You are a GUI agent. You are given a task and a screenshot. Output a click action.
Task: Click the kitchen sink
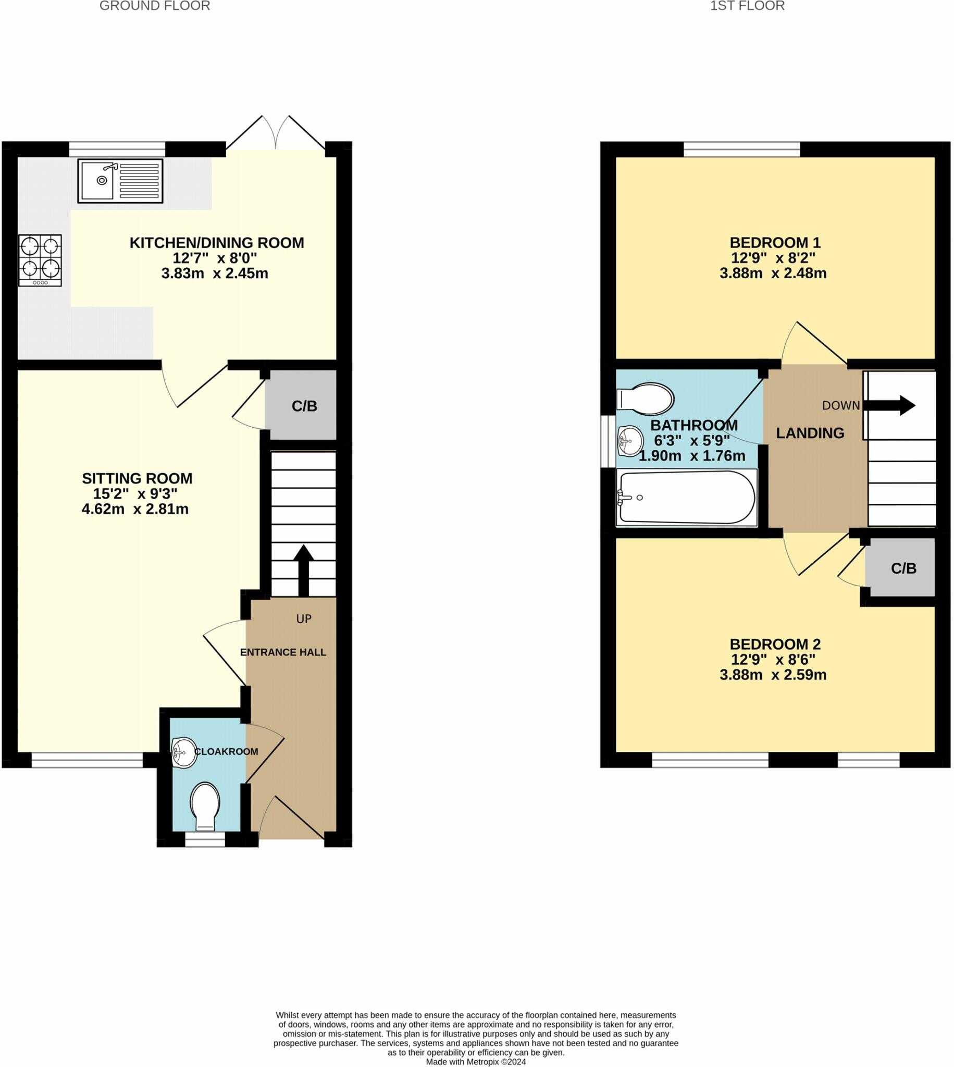click(120, 181)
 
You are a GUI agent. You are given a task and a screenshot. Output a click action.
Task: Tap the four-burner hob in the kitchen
click(40, 260)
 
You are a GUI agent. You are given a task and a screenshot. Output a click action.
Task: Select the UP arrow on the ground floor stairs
click(303, 569)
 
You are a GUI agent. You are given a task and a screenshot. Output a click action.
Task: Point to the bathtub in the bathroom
click(687, 497)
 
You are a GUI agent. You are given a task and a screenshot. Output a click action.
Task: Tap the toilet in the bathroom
click(645, 399)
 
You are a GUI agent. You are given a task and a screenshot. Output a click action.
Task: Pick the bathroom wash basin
click(630, 441)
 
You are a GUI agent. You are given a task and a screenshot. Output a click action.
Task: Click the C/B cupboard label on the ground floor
click(304, 406)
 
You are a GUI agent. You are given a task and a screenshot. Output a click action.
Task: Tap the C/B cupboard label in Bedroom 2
click(903, 568)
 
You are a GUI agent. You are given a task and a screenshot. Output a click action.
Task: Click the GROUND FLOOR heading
click(155, 6)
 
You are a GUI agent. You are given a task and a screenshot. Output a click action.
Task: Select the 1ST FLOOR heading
click(747, 6)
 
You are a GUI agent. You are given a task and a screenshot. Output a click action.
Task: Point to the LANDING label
click(810, 433)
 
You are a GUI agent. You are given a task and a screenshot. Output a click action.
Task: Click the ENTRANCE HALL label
click(283, 652)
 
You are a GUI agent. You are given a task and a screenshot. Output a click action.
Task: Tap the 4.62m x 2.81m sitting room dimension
click(135, 509)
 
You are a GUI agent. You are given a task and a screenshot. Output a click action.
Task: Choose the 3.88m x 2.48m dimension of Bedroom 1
click(773, 273)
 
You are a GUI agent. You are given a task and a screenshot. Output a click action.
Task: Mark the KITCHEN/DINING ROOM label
click(216, 243)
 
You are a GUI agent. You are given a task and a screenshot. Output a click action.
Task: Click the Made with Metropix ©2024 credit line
click(476, 1062)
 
